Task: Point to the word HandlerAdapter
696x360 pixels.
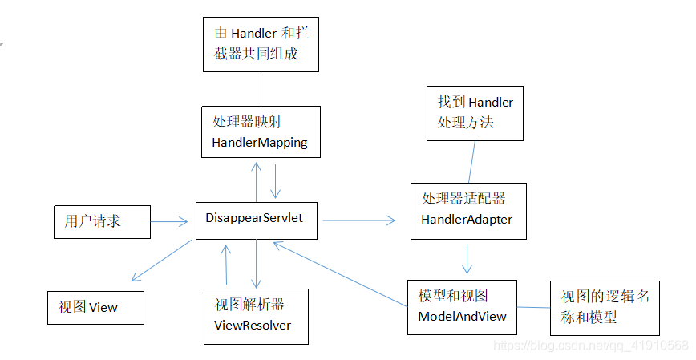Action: tap(466, 219)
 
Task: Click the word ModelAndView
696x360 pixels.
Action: tap(463, 316)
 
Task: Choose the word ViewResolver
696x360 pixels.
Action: tap(253, 325)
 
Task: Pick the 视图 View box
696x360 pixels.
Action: tap(95, 308)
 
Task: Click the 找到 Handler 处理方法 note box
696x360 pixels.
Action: tap(475, 113)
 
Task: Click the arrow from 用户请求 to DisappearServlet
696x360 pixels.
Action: tap(169, 220)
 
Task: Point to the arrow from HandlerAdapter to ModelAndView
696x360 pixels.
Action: tap(467, 258)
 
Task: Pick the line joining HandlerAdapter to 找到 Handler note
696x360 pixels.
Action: tap(472, 162)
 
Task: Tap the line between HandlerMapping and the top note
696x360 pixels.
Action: tap(261, 88)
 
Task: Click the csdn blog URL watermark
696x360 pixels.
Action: tap(590, 346)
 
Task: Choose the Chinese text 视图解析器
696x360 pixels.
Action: tap(249, 305)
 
